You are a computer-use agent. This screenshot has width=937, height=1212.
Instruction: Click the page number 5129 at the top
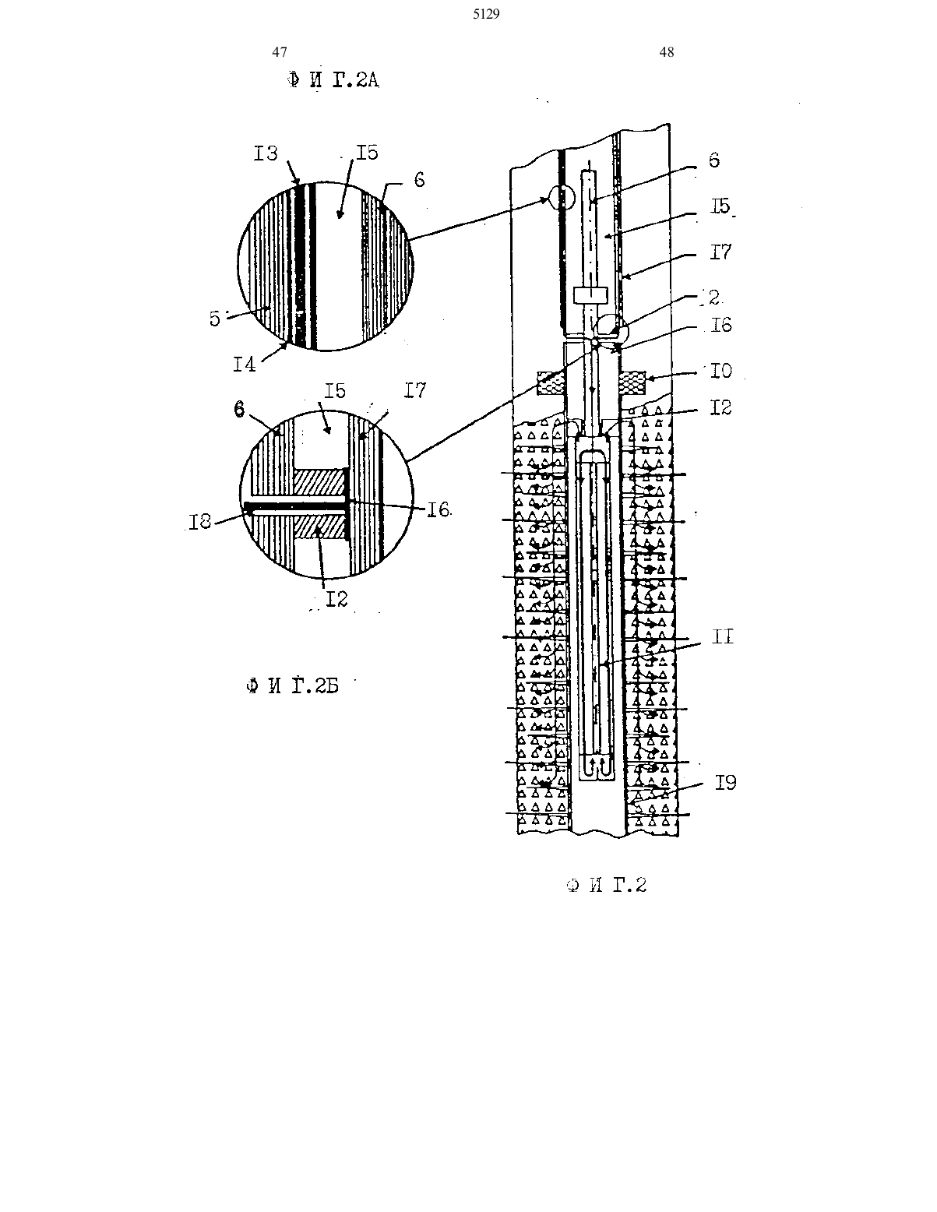pos(486,15)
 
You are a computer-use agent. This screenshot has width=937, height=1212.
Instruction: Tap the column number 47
pos(280,52)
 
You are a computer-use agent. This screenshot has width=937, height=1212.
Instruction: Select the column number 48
pos(667,52)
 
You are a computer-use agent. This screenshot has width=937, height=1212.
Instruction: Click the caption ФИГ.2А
pos(333,81)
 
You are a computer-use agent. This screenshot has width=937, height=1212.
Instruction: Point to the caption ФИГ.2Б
pos(293,685)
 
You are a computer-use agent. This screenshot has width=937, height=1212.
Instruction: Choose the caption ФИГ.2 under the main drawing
pos(606,885)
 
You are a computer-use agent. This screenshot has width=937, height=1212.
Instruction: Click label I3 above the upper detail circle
pos(266,153)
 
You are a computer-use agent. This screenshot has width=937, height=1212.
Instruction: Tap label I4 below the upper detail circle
pos(245,365)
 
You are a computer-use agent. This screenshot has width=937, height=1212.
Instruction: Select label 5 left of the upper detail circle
pos(215,319)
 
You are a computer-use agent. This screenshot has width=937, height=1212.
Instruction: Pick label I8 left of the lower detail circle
pos(199,522)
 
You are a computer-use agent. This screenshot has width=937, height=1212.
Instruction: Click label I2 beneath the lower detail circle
pos(336,599)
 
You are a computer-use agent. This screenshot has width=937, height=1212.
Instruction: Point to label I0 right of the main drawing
pos(720,371)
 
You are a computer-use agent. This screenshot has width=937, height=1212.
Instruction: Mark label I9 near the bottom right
pos(726,783)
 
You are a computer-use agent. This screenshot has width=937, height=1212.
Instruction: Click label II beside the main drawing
pos(722,637)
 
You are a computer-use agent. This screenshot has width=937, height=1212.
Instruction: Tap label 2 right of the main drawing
pos(714,298)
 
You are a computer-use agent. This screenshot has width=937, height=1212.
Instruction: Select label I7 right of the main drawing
pos(720,252)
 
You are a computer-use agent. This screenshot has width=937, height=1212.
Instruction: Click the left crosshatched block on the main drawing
pos(550,383)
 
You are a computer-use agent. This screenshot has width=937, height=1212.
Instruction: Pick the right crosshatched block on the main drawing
pos(632,383)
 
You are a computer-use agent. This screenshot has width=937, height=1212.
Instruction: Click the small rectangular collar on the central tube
pos(590,296)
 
